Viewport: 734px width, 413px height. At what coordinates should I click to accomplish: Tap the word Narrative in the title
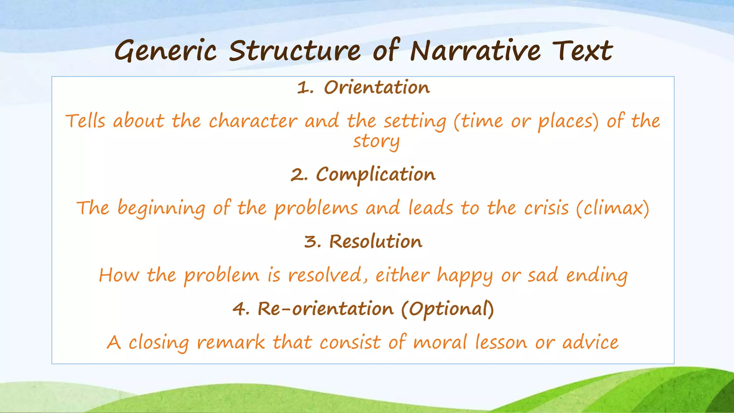pos(475,51)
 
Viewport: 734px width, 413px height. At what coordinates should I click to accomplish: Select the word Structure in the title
pos(295,51)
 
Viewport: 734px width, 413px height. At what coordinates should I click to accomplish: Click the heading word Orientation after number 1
pos(377,87)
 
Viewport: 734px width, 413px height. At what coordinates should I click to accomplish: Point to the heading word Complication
pos(376,175)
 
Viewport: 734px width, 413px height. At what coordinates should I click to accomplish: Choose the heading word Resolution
pos(376,241)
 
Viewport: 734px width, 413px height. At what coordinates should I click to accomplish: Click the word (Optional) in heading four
pos(447,309)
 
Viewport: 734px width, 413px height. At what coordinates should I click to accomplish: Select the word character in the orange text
pos(253,121)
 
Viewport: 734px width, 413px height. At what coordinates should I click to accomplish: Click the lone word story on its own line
pos(376,141)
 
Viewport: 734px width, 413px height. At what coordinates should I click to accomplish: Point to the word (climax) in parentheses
pos(613,208)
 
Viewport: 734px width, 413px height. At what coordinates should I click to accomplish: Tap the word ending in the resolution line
pos(597,276)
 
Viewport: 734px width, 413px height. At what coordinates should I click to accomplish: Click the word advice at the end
pos(590,342)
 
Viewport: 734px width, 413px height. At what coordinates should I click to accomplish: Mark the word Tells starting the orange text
pos(85,121)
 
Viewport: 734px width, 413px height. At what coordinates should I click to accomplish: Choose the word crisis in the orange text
pos(546,208)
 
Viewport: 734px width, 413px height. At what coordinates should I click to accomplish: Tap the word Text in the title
pos(582,51)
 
